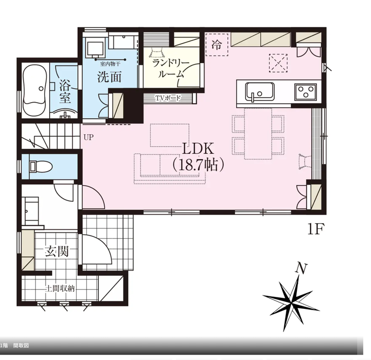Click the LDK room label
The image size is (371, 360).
click(x=198, y=149)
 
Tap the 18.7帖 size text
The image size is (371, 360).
click(x=198, y=165)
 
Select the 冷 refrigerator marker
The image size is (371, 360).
click(x=217, y=45)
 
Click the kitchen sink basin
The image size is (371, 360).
click(x=260, y=92)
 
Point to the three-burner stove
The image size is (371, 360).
click(x=305, y=92)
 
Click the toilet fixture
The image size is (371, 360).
click(x=41, y=166)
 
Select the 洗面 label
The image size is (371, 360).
click(x=110, y=77)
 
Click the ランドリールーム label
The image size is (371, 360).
click(x=171, y=69)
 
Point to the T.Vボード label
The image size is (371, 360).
click(x=168, y=98)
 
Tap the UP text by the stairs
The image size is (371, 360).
click(x=89, y=137)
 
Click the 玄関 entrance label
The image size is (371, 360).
click(x=57, y=251)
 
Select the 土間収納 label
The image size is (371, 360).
click(x=60, y=288)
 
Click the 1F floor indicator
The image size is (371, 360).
click(x=315, y=230)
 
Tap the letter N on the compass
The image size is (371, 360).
click(x=302, y=269)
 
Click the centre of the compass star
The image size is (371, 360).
click(x=291, y=302)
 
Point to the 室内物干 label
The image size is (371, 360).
click(x=110, y=64)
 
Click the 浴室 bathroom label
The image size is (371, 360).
click(x=65, y=92)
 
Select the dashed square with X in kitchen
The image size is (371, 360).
click(x=278, y=63)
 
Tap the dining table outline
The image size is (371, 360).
click(x=258, y=134)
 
